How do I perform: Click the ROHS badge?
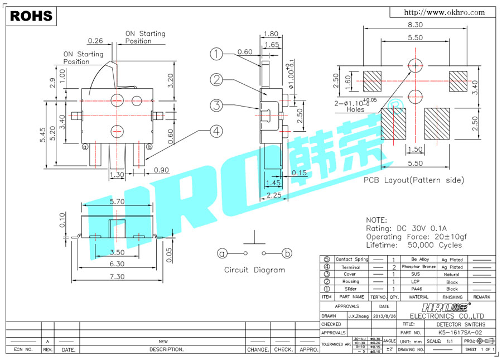click(x=31, y=16)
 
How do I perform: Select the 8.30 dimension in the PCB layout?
click(x=414, y=25)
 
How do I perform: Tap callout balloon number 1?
click(x=217, y=54)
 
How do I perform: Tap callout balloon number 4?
click(x=217, y=131)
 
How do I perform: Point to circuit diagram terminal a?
click(x=223, y=253)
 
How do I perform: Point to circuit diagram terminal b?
click(x=287, y=253)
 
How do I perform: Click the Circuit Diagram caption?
click(x=254, y=270)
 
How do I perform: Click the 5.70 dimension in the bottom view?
click(x=116, y=201)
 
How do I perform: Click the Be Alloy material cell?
click(x=420, y=260)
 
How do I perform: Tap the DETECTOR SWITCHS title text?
click(x=461, y=324)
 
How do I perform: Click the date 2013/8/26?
click(x=384, y=316)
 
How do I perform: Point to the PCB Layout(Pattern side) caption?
click(x=413, y=180)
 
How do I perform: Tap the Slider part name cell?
click(x=350, y=289)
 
